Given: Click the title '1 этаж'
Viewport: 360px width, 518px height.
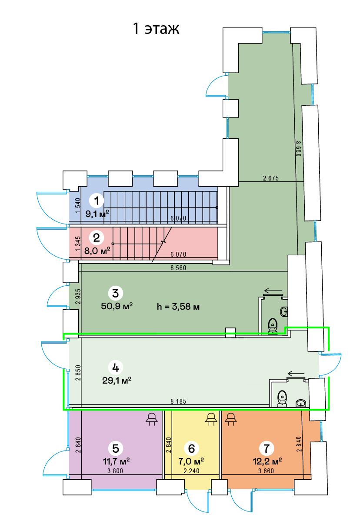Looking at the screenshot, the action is pyautogui.click(x=156, y=28).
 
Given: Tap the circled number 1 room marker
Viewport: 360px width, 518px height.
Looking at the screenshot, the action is pyautogui.click(x=97, y=201).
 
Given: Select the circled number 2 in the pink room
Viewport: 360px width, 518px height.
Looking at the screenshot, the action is pyautogui.click(x=97, y=237).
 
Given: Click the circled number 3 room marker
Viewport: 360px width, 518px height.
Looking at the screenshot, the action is pyautogui.click(x=115, y=293).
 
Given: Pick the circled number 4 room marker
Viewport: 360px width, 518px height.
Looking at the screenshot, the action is pyautogui.click(x=115, y=368).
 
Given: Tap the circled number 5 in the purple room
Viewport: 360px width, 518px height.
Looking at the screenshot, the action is pyautogui.click(x=116, y=448).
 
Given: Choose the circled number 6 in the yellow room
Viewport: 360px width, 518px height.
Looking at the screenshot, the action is pyautogui.click(x=192, y=448).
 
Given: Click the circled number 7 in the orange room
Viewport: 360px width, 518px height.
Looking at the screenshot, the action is pyautogui.click(x=266, y=448).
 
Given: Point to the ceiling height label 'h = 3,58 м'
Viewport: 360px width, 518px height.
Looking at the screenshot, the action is pyautogui.click(x=178, y=307).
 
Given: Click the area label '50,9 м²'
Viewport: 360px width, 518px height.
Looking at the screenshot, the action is pyautogui.click(x=117, y=306).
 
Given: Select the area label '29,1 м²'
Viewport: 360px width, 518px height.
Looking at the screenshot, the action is pyautogui.click(x=117, y=381).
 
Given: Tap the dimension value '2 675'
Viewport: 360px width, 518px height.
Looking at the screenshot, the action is pyautogui.click(x=271, y=178).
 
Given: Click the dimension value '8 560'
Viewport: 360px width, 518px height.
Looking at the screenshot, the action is pyautogui.click(x=178, y=268).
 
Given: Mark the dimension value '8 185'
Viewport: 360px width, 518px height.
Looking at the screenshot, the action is pyautogui.click(x=178, y=401).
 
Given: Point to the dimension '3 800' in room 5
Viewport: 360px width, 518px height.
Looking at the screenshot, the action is pyautogui.click(x=115, y=471).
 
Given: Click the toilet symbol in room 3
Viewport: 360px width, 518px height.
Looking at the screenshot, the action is pyautogui.click(x=273, y=326).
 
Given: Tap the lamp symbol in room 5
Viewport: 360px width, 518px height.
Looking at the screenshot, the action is pyautogui.click(x=151, y=419).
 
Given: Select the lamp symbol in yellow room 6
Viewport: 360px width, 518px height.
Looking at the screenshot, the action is pyautogui.click(x=211, y=419).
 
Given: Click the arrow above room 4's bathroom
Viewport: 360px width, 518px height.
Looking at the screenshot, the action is pyautogui.click(x=296, y=374).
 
